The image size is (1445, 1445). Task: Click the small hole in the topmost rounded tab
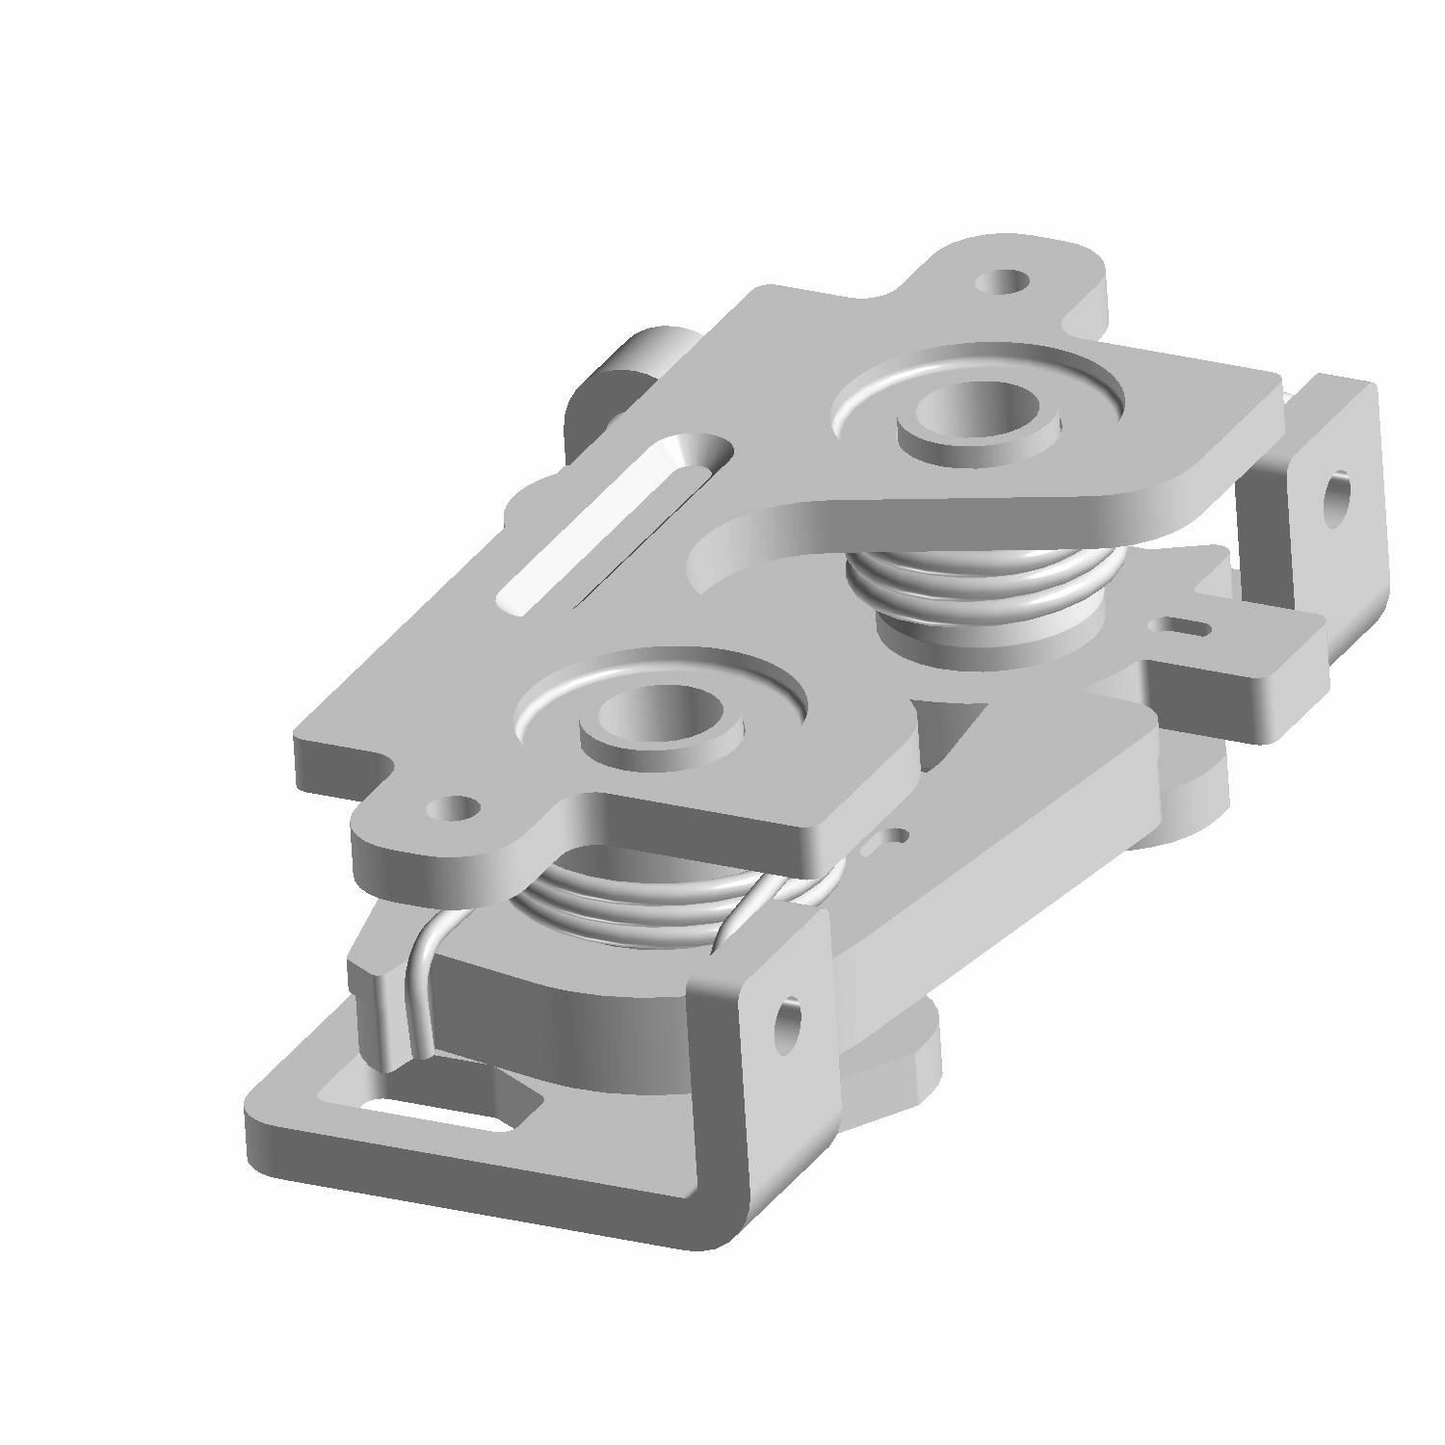tap(1005, 282)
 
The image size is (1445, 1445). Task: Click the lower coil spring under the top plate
tap(626, 906)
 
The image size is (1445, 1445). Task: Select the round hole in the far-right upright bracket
tap(1336, 499)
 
